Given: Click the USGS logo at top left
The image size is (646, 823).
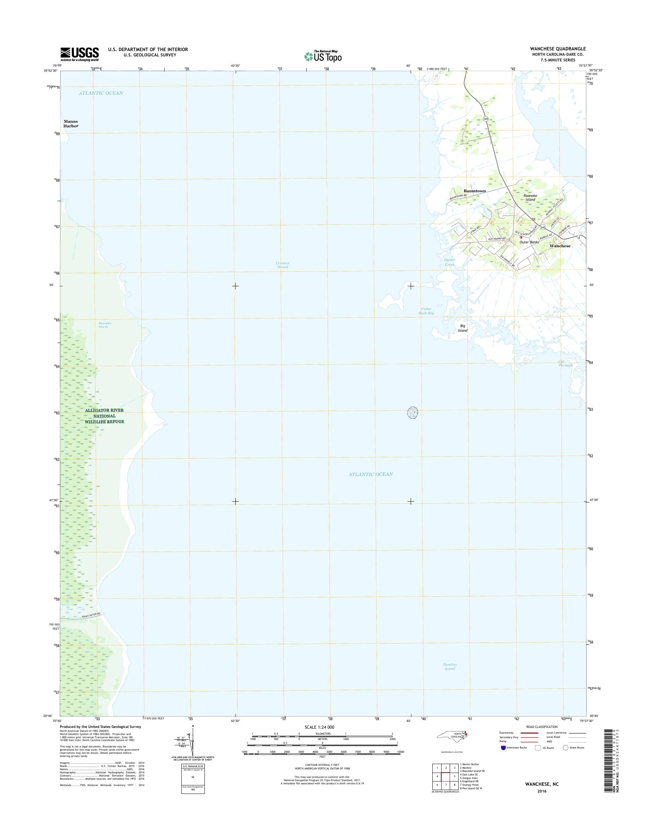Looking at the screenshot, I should coord(80,54).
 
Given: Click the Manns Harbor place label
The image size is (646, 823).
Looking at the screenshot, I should coord(71,123).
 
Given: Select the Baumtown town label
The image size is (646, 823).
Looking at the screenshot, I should coord(475,191).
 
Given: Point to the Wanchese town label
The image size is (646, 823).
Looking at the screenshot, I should coord(560,246).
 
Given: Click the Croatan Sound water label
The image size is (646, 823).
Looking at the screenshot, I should coord(282,265).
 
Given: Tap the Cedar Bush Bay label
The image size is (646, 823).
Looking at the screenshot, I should coord(426,311).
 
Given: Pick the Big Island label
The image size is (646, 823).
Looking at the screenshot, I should coord(462,328).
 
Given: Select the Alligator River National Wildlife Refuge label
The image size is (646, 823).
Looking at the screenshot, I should coord(104,416).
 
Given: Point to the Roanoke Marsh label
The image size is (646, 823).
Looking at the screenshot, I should coord(104,325).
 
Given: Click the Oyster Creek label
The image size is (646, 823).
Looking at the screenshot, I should coord(449,262).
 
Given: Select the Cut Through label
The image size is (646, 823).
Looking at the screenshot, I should coord(565,363).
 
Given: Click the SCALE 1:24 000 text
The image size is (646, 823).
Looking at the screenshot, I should coord(319,727).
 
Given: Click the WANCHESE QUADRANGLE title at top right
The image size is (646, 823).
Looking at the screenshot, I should coord(558,49).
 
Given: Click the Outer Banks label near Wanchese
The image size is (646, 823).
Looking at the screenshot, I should coord(529,242).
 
